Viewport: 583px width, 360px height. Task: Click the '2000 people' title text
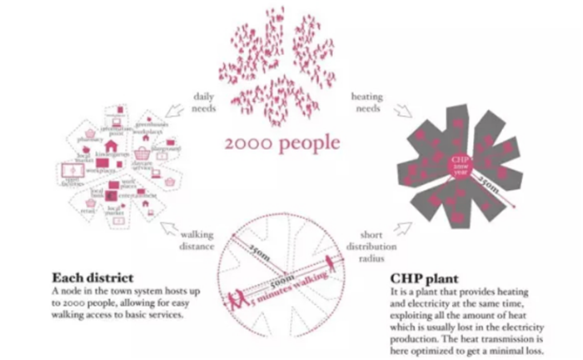click(x=282, y=142)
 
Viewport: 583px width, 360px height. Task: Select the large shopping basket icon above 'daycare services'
click(x=141, y=154)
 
